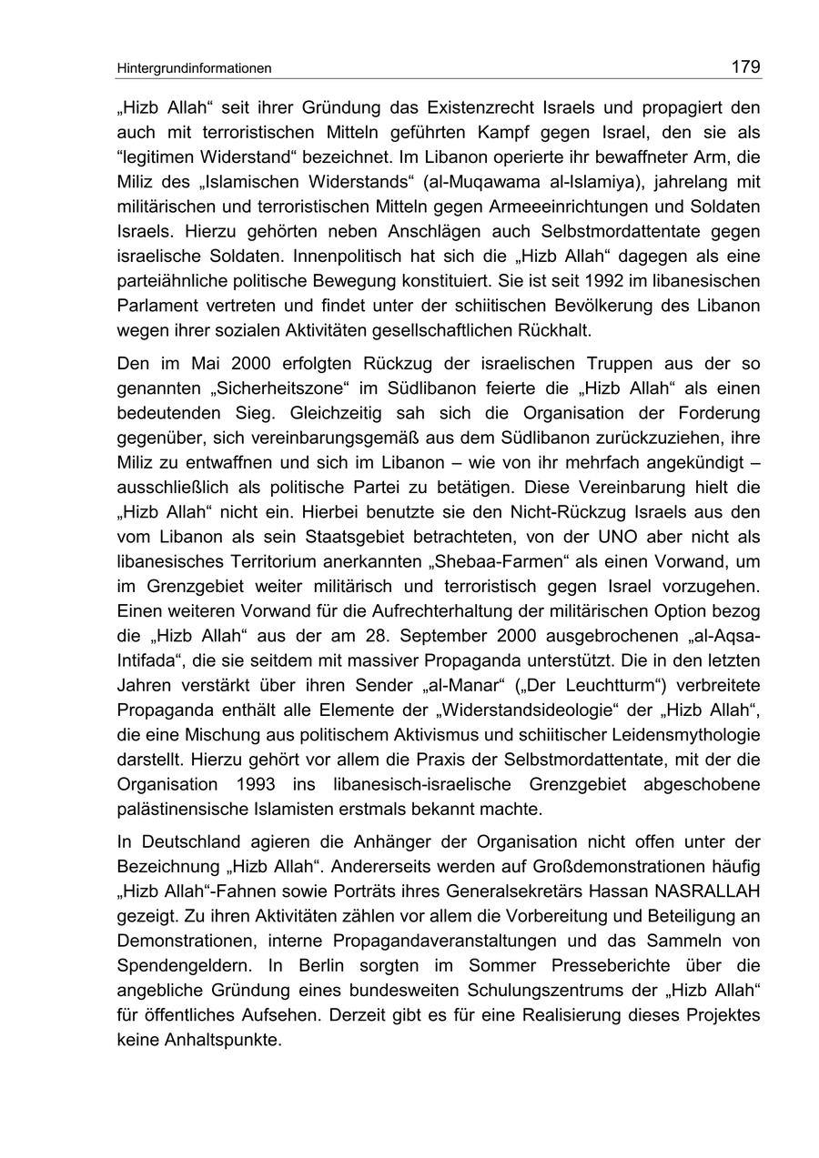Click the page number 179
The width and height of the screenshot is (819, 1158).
tap(744, 66)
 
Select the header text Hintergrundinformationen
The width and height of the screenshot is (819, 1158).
tap(194, 68)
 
